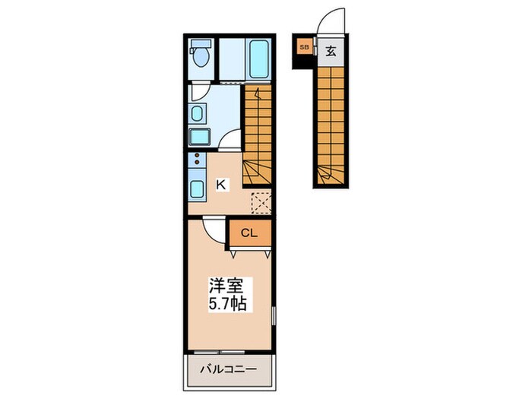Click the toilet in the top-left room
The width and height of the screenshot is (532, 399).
pos(201,53)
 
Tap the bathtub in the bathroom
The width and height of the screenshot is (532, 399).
pos(260,59)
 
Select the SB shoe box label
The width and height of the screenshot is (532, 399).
pos(304,47)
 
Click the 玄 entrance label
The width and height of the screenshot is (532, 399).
pos(331,51)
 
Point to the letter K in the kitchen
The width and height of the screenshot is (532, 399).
pos(221,185)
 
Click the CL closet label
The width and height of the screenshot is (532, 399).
pos(249,233)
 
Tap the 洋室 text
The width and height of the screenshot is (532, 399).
pos(226,286)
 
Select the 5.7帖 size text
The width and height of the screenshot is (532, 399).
pos(227,304)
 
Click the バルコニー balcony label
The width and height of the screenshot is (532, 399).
pos(228,369)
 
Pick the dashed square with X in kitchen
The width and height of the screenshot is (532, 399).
pos(261,203)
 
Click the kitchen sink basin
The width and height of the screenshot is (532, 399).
pos(197,189)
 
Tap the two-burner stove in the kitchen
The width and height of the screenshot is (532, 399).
pos(197,159)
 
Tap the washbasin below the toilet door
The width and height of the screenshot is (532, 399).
pos(197,113)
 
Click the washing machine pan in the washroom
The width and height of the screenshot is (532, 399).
pos(200,137)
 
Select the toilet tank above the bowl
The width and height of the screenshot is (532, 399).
pos(201,43)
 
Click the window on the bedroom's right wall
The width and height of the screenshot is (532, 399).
pos(274,316)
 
